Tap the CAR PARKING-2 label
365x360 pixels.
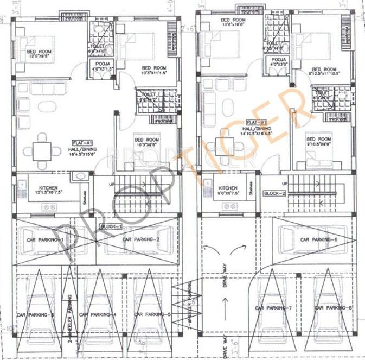coord(140,239)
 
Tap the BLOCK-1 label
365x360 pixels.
coord(112,225)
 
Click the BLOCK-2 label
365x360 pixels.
coord(274,193)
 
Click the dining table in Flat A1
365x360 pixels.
coord(42,150)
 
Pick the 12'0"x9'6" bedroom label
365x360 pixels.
coord(38,54)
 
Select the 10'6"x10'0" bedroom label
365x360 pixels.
coord(233,22)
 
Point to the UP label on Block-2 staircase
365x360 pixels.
coord(284,184)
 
